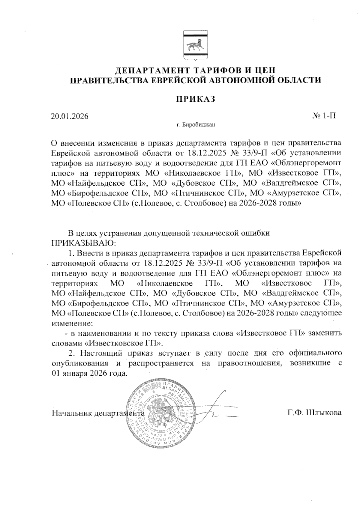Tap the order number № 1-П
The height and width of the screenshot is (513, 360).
[324, 116]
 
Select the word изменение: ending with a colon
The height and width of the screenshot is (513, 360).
[72, 324]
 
